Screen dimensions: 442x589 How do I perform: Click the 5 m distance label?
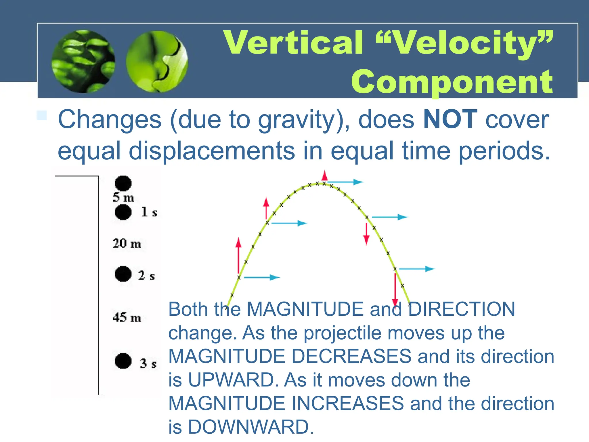pyautogui.click(x=123, y=198)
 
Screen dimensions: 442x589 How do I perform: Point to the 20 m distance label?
pyautogui.click(x=127, y=243)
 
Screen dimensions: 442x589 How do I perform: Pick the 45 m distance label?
pyautogui.click(x=127, y=318)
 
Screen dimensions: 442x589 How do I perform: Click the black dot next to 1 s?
pyautogui.click(x=123, y=212)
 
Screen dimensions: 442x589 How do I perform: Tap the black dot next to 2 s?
pyautogui.click(x=123, y=274)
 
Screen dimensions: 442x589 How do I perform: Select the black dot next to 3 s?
pyautogui.click(x=123, y=361)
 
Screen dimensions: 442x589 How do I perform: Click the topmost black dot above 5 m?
pyautogui.click(x=123, y=183)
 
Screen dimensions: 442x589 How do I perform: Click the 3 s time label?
pyautogui.click(x=148, y=363)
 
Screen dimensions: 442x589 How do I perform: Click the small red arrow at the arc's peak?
pyautogui.click(x=325, y=176)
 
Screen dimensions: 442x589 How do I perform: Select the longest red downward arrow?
pyautogui.click(x=395, y=289)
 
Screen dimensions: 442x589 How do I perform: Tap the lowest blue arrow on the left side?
pyautogui.click(x=262, y=277)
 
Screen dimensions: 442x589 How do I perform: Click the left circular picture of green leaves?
pyautogui.click(x=83, y=61)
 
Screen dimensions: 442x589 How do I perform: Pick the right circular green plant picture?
pyautogui.click(x=157, y=62)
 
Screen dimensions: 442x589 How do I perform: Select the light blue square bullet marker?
pyautogui.click(x=42, y=115)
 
